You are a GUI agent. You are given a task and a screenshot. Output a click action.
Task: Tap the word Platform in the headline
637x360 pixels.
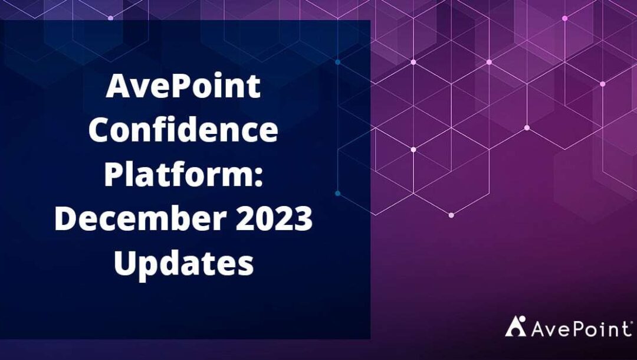(x=179, y=174)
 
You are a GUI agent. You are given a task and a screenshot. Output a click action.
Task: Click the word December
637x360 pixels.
(x=140, y=218)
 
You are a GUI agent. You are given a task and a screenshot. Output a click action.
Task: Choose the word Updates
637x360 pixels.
(x=183, y=263)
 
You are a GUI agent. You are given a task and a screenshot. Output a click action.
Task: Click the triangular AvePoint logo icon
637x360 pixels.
(x=515, y=326)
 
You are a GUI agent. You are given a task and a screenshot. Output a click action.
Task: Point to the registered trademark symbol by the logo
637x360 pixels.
(x=631, y=322)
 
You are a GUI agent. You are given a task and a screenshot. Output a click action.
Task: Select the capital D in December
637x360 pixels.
(x=67, y=218)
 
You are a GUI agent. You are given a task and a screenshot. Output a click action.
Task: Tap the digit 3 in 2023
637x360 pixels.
(x=303, y=218)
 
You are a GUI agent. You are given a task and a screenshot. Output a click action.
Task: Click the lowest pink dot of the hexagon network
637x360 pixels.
(x=451, y=215)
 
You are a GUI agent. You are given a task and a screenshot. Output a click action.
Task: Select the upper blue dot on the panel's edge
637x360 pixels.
(x=337, y=62)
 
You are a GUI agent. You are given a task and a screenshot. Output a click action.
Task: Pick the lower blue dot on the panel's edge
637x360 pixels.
(x=337, y=194)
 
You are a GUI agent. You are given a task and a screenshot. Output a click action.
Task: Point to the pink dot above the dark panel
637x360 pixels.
(x=110, y=18)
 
